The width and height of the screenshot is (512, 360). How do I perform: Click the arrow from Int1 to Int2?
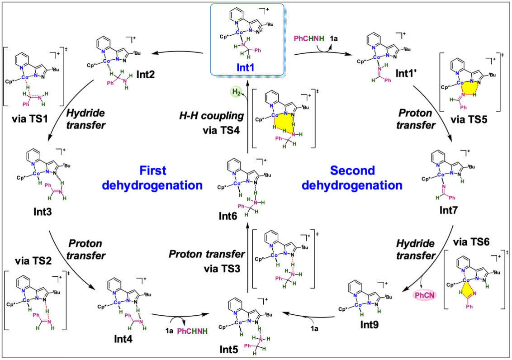coord(176,54)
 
